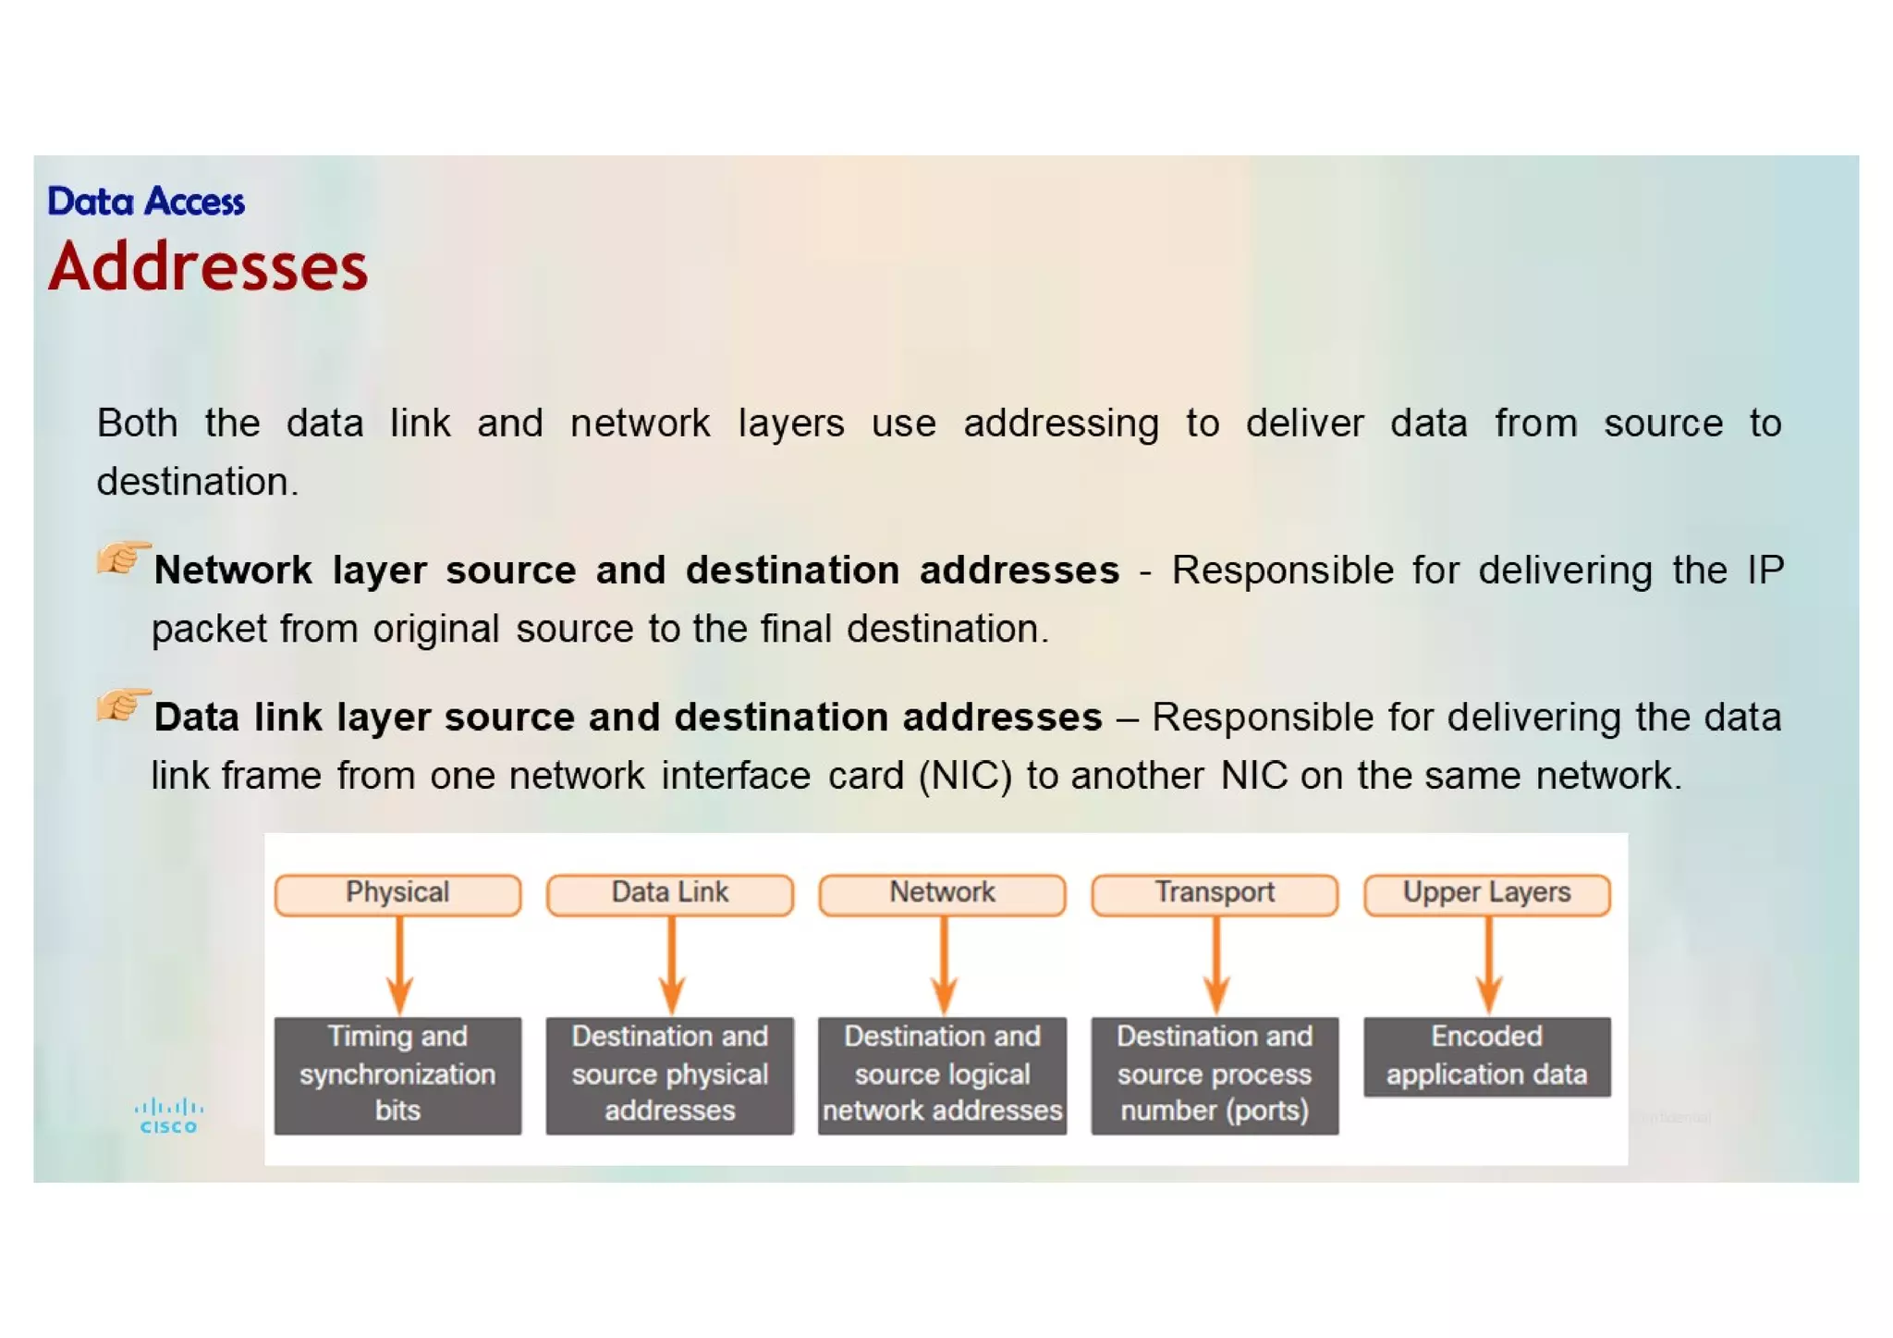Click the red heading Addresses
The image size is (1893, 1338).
tap(208, 267)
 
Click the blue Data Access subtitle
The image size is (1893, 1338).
tap(146, 202)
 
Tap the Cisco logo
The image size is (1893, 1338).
tap(168, 1116)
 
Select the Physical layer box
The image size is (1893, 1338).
tap(397, 893)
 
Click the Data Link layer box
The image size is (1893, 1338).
tap(670, 893)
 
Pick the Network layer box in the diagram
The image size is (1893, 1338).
tap(942, 893)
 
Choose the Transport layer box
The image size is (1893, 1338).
tap(1215, 893)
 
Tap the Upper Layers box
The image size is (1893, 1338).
tap(1486, 893)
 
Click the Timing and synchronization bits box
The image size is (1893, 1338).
tap(397, 1074)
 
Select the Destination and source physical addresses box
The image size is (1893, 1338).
tap(670, 1074)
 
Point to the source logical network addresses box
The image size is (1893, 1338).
tap(942, 1074)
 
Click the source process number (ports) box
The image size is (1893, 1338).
tap(1215, 1074)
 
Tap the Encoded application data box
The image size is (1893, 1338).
tap(1486, 1056)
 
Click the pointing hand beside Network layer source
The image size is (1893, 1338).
tap(123, 558)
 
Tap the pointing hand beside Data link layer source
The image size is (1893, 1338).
tap(123, 705)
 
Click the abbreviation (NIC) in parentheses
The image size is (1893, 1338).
tap(965, 776)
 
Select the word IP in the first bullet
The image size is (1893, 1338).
tap(1765, 571)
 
